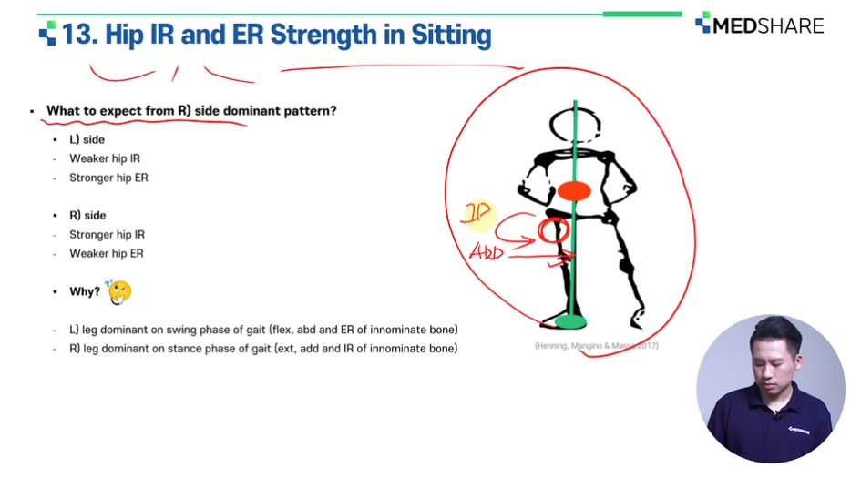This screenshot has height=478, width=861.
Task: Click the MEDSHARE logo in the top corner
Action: tap(760, 25)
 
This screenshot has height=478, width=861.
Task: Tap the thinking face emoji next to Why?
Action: tap(118, 291)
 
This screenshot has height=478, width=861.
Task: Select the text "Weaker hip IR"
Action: tap(105, 158)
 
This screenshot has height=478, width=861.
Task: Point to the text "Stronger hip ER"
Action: tap(108, 178)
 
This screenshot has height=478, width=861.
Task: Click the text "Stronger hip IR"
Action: tap(108, 235)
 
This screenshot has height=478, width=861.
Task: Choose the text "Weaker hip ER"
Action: tap(107, 253)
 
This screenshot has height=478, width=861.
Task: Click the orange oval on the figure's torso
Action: tap(574, 191)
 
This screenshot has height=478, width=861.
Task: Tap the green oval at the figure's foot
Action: tap(571, 322)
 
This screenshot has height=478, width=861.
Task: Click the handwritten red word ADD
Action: tap(487, 252)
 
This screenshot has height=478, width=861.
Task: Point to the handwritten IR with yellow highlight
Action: tap(477, 213)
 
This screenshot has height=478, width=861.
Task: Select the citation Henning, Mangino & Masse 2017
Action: tap(597, 346)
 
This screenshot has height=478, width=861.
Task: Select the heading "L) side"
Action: tap(87, 140)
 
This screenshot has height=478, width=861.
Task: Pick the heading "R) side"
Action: tap(87, 216)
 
